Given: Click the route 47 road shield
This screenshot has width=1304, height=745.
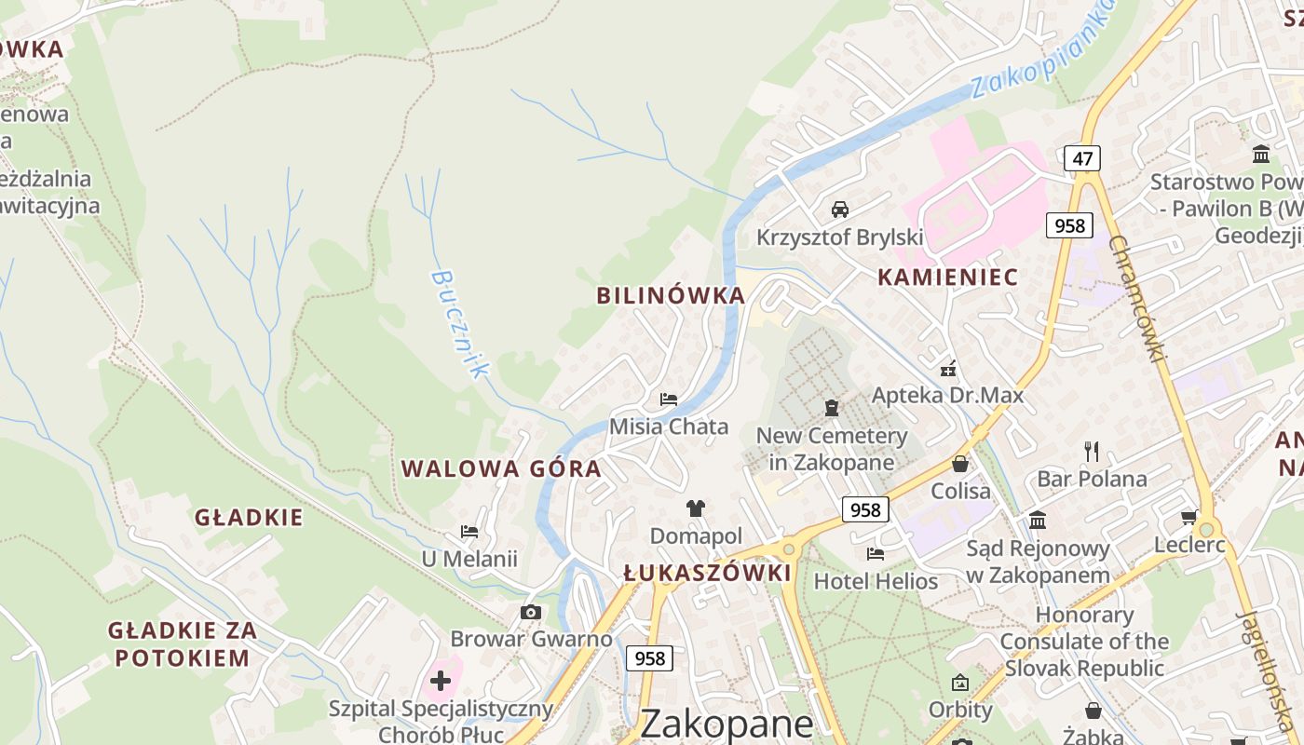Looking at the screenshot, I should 1081,158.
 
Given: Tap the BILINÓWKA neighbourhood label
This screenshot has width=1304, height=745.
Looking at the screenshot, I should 671,296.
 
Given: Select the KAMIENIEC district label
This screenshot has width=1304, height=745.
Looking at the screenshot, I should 947,277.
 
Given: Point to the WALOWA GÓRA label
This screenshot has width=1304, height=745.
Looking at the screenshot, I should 501,468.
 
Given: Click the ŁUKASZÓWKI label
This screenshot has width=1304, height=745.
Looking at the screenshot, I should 707,573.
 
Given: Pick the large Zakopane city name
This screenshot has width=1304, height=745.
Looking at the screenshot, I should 727,724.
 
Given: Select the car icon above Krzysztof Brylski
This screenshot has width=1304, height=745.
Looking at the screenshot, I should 840,209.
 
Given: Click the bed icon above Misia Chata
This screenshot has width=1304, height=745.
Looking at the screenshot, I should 668,400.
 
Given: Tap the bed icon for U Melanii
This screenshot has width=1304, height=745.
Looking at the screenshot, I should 469,532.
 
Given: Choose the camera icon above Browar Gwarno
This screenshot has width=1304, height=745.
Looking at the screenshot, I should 531,612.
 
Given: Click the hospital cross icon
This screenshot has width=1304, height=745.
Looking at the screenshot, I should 441,681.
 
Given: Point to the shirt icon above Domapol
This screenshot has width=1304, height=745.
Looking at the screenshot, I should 696,508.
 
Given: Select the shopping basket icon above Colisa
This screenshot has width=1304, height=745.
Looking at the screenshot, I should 960,463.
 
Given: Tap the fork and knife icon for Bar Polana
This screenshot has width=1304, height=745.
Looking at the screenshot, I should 1093,452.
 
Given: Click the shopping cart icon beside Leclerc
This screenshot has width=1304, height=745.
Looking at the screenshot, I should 1189,517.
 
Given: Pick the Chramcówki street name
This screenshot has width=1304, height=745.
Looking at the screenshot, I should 1138,299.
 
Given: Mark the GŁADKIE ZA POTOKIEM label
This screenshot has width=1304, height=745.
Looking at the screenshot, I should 182,643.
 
